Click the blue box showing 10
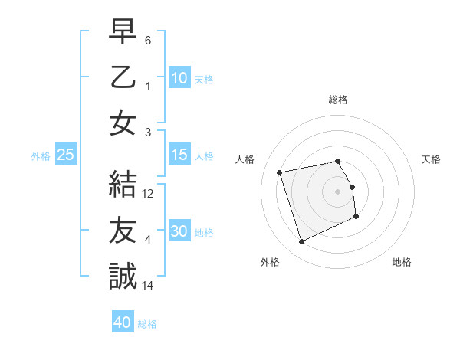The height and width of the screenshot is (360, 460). click(179, 78)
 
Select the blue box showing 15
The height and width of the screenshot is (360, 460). click(179, 155)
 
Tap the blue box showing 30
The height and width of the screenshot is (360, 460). click(179, 232)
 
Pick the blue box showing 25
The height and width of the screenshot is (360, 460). click(66, 155)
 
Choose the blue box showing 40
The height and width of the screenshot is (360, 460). click(123, 322)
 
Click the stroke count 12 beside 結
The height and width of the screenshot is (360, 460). click(148, 195)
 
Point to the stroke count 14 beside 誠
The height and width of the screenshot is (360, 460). click(148, 286)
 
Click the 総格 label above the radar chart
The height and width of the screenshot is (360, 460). click(337, 100)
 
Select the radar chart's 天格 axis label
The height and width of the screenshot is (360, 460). click(431, 159)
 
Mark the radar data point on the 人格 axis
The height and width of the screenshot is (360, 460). click(280, 172)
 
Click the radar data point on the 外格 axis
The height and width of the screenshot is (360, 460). click(301, 242)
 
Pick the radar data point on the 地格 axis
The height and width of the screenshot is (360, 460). click(357, 217)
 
